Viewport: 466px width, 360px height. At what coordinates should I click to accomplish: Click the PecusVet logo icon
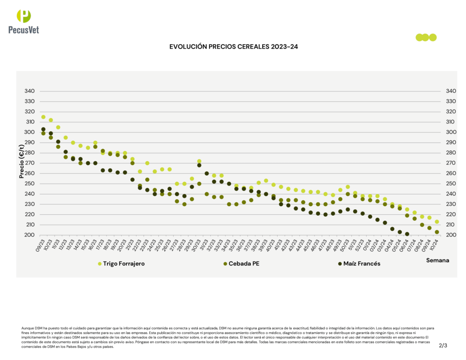tap(24, 16)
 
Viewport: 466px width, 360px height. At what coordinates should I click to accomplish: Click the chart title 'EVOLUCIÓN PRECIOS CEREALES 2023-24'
tap(233, 46)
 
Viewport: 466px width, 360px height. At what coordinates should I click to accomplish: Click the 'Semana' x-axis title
tap(437, 260)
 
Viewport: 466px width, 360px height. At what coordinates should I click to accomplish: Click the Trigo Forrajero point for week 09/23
tap(43, 117)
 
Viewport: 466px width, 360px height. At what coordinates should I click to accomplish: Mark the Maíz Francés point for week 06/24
tap(407, 234)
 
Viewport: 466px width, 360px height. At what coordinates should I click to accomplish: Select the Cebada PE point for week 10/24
tap(437, 232)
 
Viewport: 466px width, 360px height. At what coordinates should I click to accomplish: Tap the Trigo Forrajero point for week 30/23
tap(199, 161)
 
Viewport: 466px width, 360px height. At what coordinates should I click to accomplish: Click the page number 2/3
tap(443, 345)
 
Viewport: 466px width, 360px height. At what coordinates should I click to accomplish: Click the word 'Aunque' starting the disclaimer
tap(27, 328)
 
